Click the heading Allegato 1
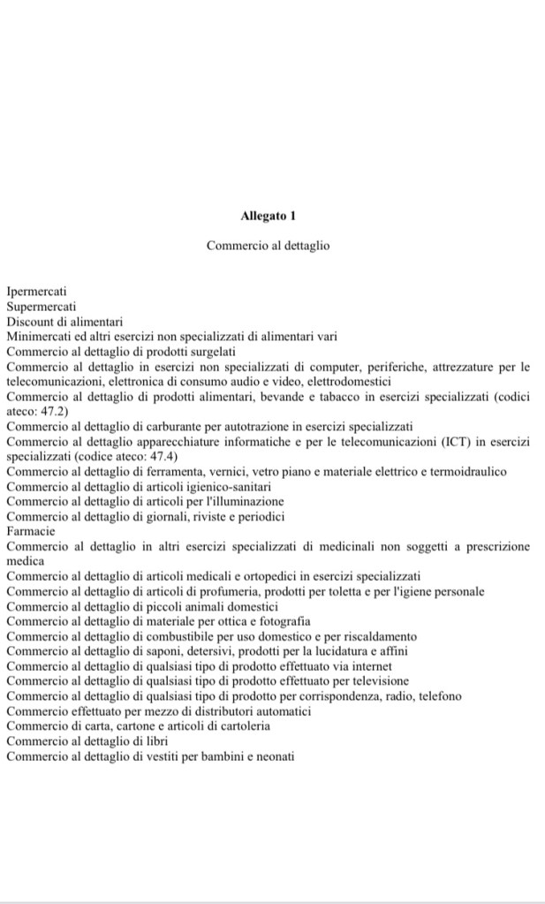[x=268, y=215]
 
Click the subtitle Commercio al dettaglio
[x=268, y=245]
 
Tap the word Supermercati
[x=42, y=306]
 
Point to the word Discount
[x=30, y=321]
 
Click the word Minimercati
[x=39, y=336]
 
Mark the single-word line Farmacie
[x=30, y=531]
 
